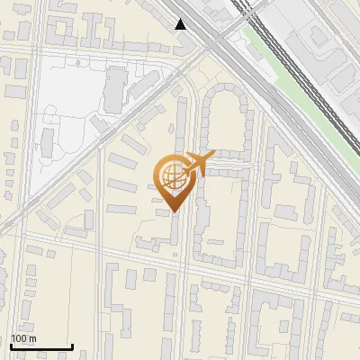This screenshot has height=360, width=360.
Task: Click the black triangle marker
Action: tap(182, 24)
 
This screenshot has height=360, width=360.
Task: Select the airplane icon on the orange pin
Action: tap(197, 164)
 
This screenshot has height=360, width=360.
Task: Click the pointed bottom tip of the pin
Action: tap(175, 211)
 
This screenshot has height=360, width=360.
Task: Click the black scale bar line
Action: tap(41, 347)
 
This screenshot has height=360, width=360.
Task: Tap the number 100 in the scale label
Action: tap(19, 338)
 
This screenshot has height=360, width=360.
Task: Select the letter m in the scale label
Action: tap(32, 338)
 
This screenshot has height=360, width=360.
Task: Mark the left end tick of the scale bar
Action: tap(11, 346)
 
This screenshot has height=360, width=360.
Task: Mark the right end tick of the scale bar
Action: tap(72, 346)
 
